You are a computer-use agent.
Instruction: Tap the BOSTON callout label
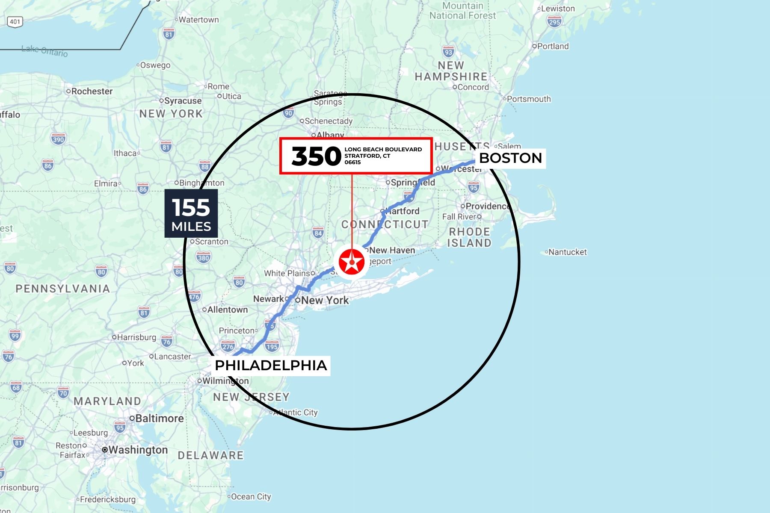tap(510, 158)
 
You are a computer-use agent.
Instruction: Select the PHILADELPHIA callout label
tap(271, 366)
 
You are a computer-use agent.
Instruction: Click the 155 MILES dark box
tap(191, 213)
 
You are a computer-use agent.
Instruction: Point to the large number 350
tap(316, 156)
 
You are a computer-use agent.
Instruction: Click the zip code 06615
tap(353, 162)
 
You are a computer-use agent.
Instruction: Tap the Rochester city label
tap(92, 91)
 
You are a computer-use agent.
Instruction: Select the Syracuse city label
tap(183, 101)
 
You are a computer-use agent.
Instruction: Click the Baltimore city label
tap(159, 418)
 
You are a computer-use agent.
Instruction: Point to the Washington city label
tap(138, 450)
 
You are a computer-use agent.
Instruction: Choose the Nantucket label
tap(567, 252)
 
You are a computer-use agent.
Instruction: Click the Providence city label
tap(487, 206)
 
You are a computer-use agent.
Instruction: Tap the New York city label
tap(325, 300)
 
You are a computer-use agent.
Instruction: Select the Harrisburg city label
tap(136, 337)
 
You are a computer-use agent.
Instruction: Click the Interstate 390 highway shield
tap(58, 139)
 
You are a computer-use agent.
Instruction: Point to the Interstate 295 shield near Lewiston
tap(554, 22)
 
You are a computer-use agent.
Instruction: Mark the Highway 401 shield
tap(15, 21)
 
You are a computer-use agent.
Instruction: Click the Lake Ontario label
tap(44, 51)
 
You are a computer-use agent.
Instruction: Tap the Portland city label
tap(553, 46)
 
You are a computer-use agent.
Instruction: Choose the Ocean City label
tap(251, 497)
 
